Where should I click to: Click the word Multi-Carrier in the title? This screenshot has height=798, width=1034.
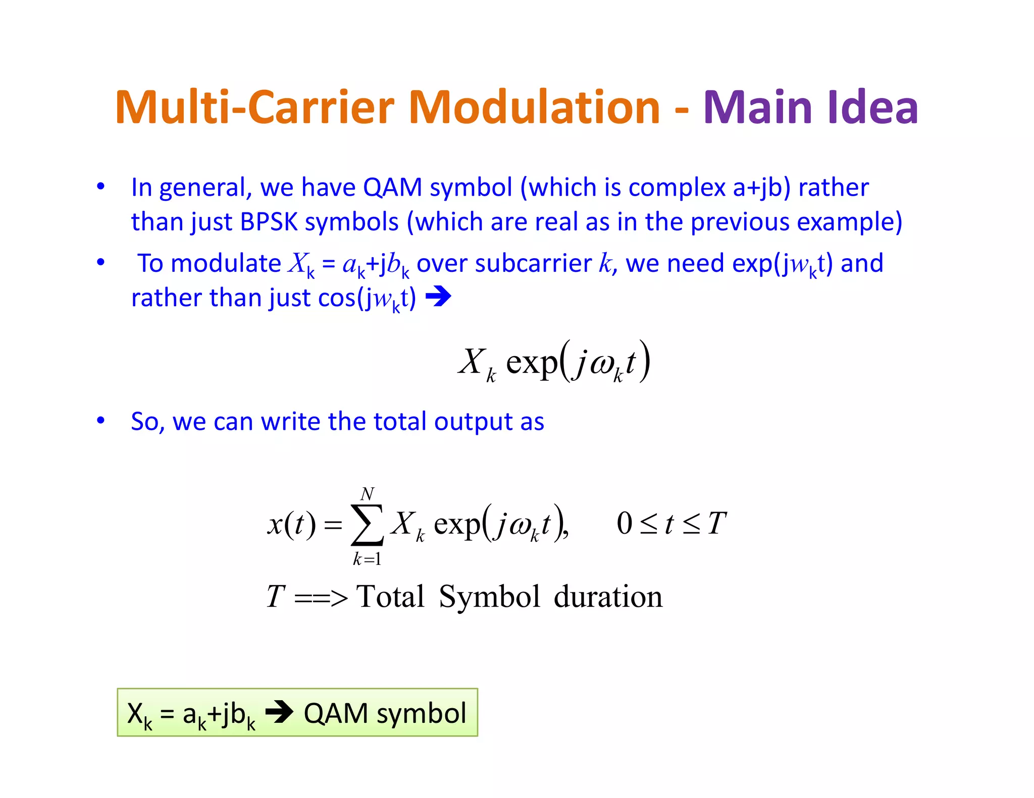click(255, 107)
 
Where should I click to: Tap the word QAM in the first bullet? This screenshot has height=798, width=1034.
click(392, 188)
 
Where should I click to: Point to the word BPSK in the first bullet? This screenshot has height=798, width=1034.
click(269, 222)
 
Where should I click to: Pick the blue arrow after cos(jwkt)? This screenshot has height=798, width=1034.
click(438, 297)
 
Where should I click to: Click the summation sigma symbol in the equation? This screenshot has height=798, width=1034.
click(367, 525)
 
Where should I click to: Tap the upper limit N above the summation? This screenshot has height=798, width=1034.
click(367, 493)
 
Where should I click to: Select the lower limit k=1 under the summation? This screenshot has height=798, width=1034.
click(367, 559)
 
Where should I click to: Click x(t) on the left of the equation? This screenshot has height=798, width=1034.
click(291, 525)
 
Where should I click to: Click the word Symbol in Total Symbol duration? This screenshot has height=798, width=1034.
click(489, 597)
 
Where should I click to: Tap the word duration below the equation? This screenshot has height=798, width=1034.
click(608, 597)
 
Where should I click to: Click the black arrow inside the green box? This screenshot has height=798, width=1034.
click(279, 712)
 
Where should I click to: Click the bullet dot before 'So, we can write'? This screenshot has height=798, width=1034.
click(101, 420)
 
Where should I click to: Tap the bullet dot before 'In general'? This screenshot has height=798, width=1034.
click(101, 186)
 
